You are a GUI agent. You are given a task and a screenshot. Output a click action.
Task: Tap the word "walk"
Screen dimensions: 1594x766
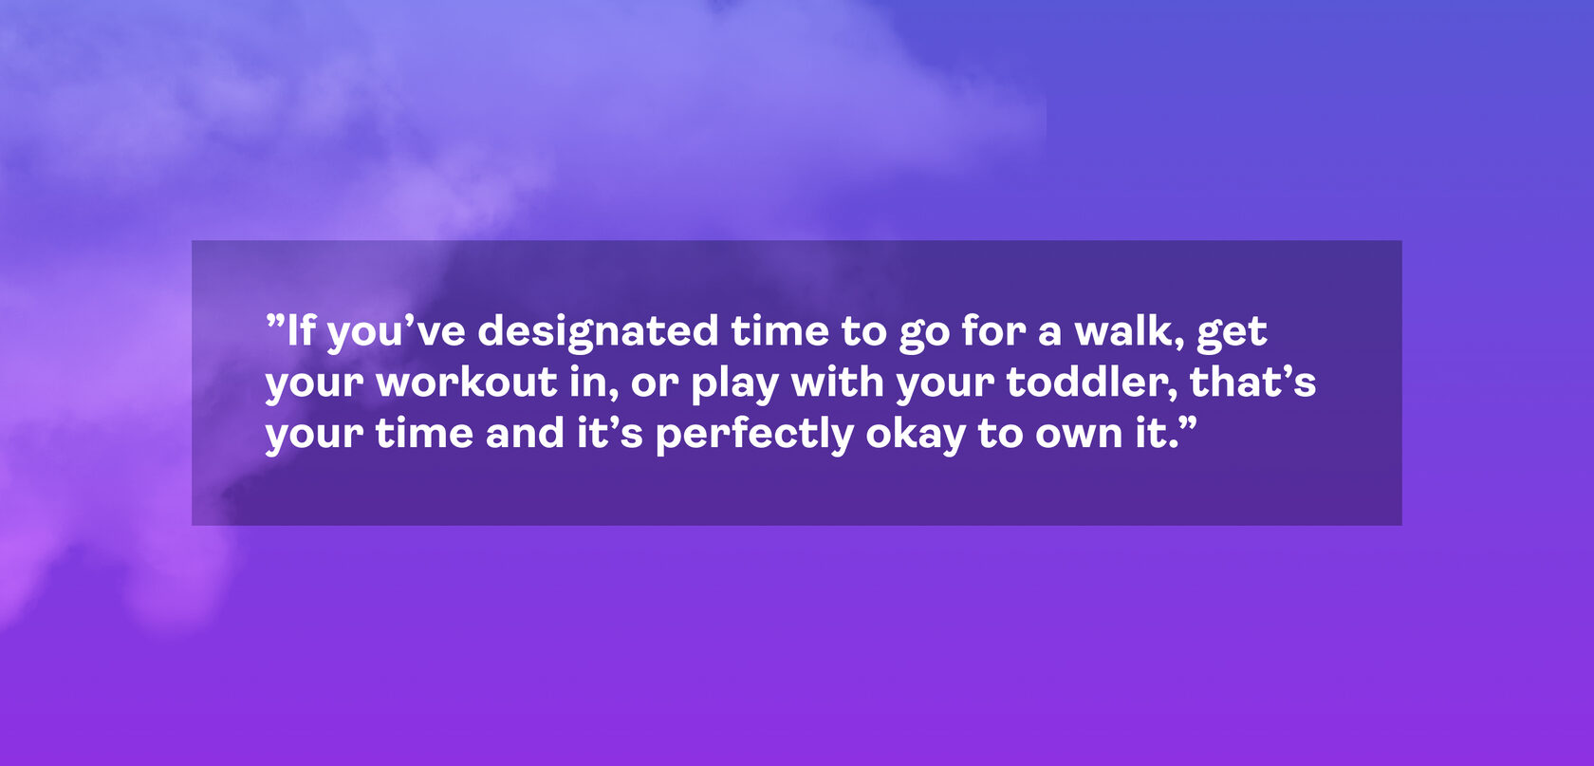pos(1124,331)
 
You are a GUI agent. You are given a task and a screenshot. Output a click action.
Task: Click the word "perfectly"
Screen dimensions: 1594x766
pos(754,436)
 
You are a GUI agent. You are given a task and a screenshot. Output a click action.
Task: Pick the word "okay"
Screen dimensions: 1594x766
pos(916,436)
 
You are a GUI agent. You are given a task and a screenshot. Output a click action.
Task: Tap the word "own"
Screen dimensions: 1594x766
pos(1079,437)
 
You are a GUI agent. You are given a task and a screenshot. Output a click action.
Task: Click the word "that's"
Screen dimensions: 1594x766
pos(1253,383)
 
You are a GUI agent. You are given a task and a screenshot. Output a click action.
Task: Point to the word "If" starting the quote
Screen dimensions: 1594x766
pos(300,331)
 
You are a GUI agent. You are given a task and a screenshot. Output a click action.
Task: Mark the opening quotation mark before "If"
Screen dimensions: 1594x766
pos(275,320)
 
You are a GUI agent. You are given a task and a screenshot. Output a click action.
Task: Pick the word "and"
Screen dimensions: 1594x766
pos(526,434)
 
